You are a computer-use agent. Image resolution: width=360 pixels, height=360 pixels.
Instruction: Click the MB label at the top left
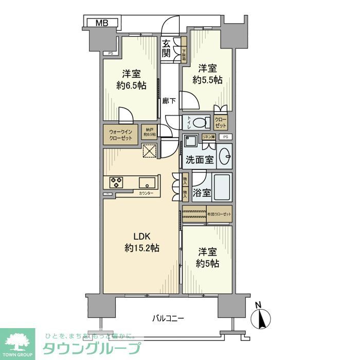101,23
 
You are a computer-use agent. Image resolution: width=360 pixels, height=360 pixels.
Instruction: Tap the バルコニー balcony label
168,318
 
